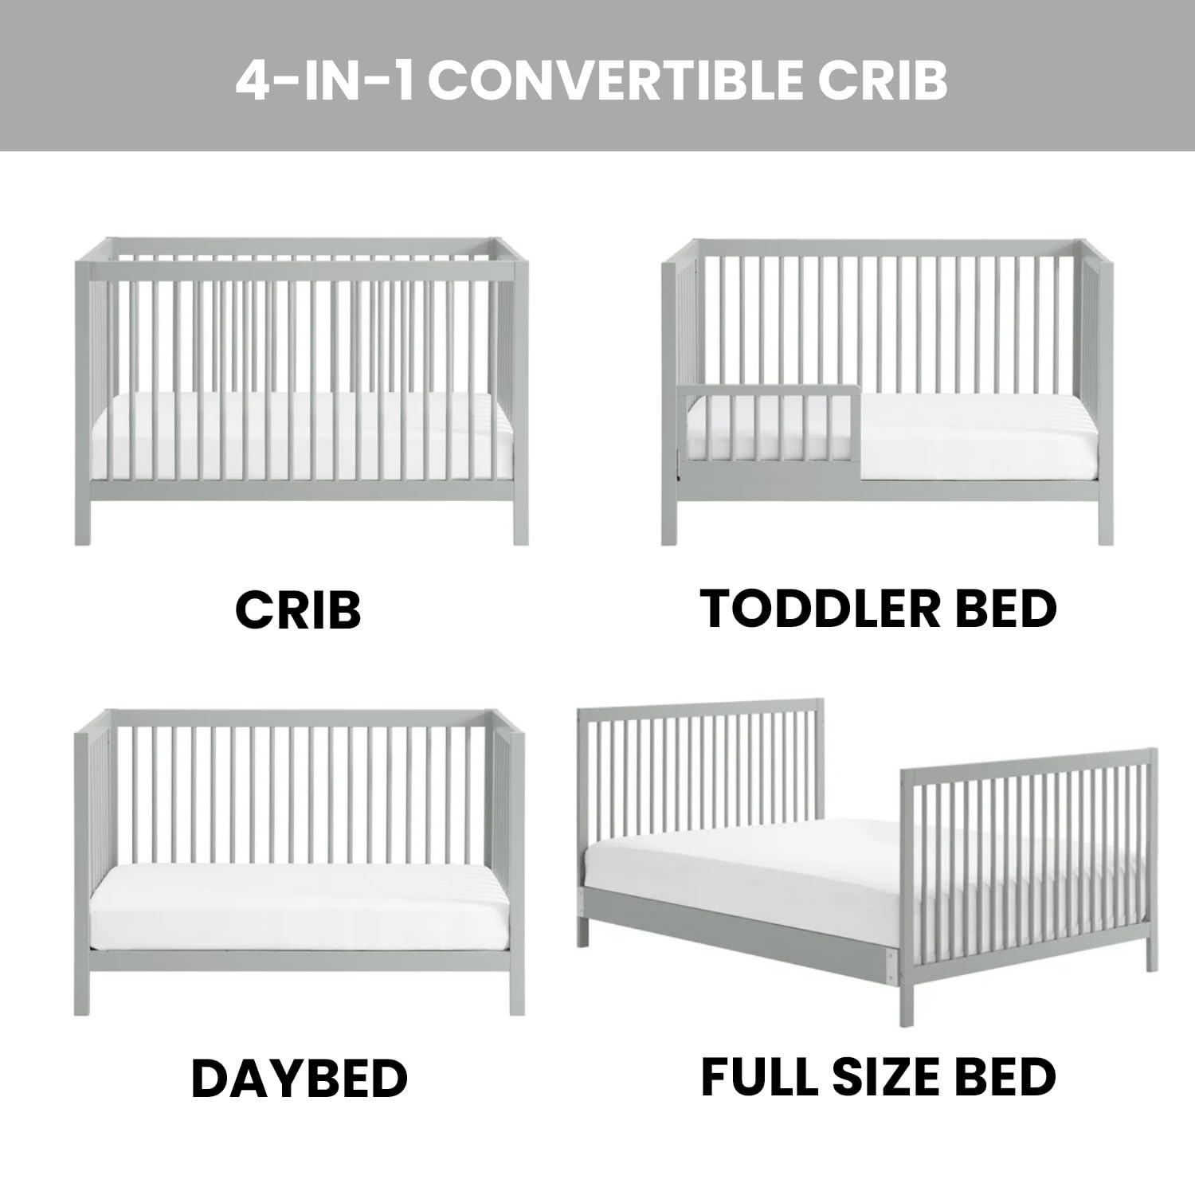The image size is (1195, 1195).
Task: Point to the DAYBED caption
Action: pyautogui.click(x=300, y=1079)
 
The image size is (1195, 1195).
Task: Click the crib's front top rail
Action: pyautogui.click(x=301, y=272)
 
